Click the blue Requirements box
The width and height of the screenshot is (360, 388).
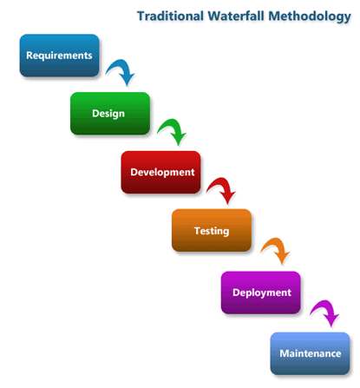click(59, 56)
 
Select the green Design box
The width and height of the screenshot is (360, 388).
click(110, 114)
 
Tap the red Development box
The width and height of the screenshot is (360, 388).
click(160, 172)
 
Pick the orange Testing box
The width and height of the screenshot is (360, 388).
click(212, 230)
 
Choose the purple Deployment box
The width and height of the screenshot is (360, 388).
click(261, 293)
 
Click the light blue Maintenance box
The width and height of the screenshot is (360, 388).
click(310, 353)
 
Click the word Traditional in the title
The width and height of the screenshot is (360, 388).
click(170, 16)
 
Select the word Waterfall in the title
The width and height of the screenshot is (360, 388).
click(236, 16)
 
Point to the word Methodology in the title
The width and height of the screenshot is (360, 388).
click(310, 17)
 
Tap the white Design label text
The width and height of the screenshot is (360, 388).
click(108, 114)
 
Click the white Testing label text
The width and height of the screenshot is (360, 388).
click(212, 231)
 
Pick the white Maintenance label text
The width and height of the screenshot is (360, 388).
click(311, 353)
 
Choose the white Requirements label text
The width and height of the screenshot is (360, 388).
click(59, 56)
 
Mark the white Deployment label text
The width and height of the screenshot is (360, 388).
click(262, 293)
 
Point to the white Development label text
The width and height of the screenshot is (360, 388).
click(162, 173)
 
